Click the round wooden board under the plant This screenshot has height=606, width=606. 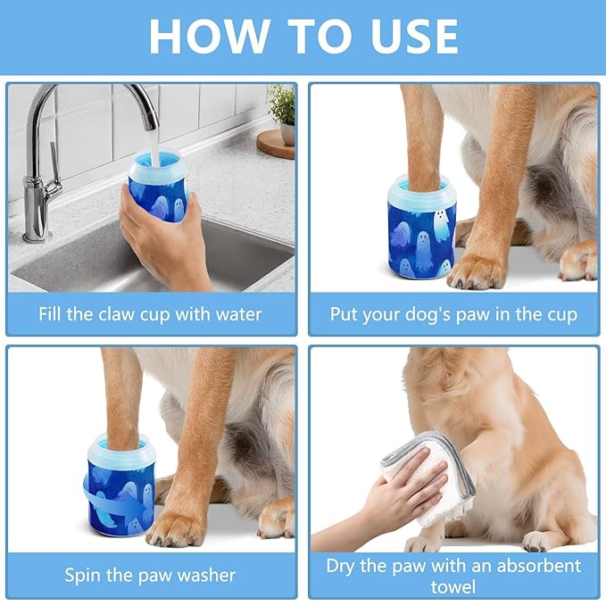(x=276, y=144)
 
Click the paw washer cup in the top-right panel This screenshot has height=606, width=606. (x=421, y=228)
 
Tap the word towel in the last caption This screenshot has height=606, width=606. (x=453, y=586)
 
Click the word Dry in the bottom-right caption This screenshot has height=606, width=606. (x=344, y=566)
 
